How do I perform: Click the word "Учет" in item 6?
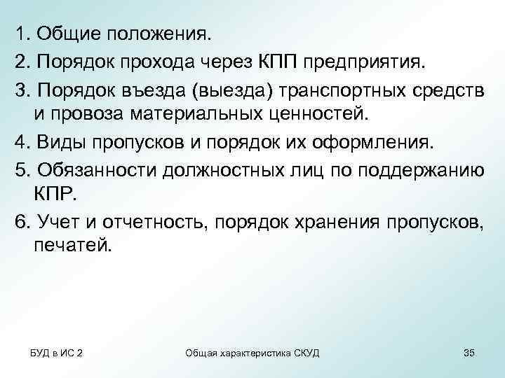pos(58,223)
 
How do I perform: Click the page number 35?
pos(469,352)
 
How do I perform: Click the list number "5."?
pos(22,173)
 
